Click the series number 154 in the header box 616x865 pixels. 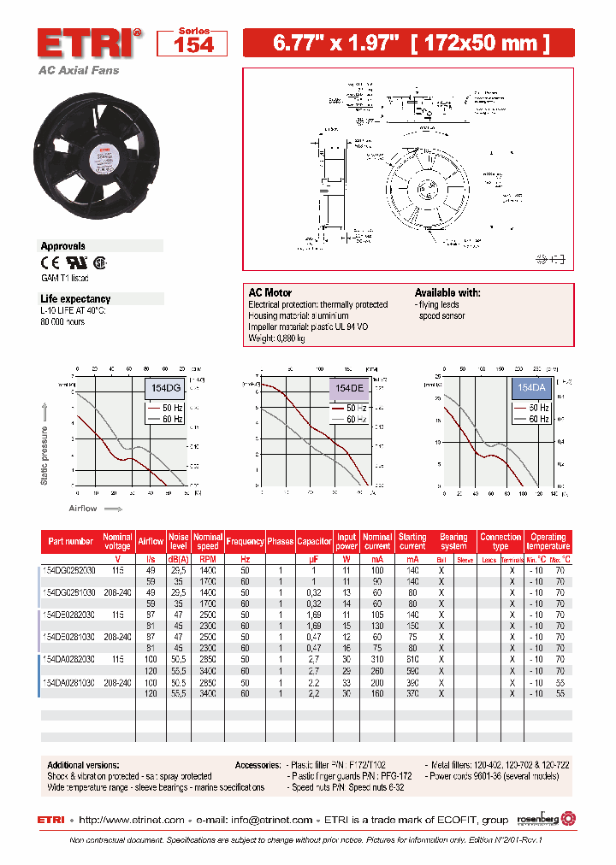coord(193,44)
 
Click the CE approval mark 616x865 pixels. coord(50,263)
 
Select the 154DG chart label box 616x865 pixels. coord(166,388)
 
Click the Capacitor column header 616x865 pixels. coord(314,541)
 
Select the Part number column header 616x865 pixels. coord(71,541)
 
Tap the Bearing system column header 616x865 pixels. coord(453,541)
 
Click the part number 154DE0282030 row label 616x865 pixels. coord(70,615)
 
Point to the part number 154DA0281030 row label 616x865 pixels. coord(70,683)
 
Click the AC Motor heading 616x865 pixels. coord(269,293)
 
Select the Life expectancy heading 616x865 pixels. coord(75,299)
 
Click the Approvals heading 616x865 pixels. coord(63,246)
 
